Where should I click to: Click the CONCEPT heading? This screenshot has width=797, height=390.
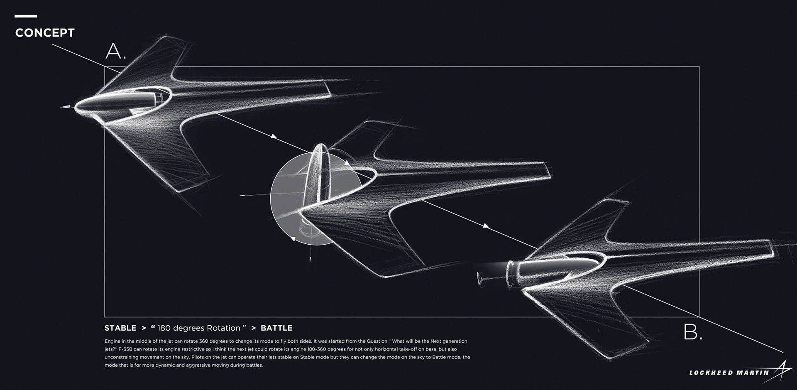(45, 33)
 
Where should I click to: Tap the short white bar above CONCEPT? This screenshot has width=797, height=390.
(26, 16)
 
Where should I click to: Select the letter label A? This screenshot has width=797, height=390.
(115, 51)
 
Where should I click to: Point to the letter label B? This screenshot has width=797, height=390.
(692, 332)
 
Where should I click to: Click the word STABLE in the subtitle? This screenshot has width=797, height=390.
(120, 328)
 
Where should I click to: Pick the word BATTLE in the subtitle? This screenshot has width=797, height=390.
(276, 328)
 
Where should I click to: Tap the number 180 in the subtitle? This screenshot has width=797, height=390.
(164, 328)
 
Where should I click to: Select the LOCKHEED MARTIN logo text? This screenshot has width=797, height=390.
(729, 373)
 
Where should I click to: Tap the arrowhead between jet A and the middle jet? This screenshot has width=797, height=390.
(274, 136)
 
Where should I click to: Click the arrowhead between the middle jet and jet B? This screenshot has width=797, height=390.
(485, 226)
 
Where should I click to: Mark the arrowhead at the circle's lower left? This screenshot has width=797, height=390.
(293, 239)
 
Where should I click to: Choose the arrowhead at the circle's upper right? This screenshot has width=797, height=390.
(347, 163)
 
